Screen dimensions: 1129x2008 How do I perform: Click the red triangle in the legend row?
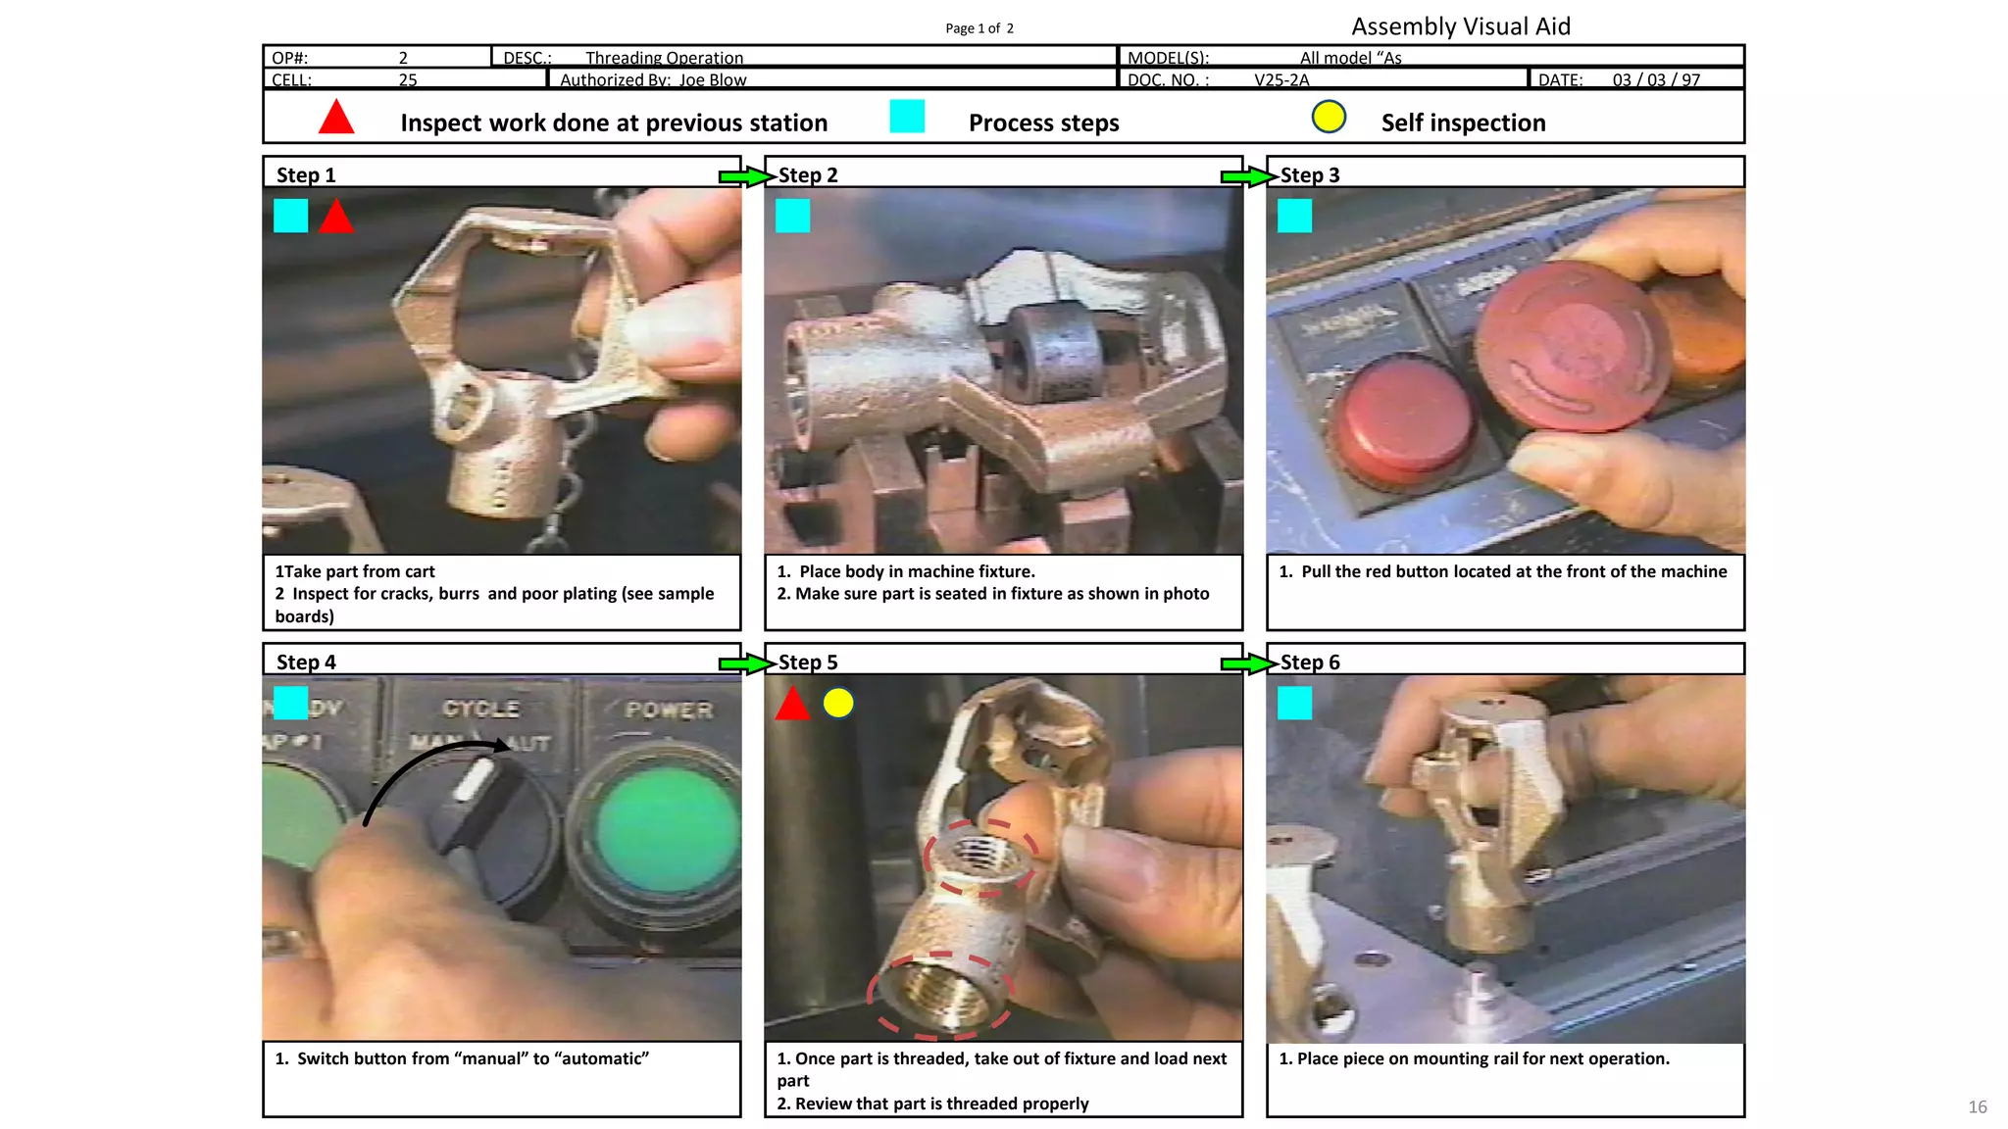[336, 118]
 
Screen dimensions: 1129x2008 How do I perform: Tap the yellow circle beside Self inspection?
[1329, 117]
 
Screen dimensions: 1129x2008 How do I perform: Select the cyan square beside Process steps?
[907, 117]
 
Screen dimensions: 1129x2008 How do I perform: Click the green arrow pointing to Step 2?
[745, 176]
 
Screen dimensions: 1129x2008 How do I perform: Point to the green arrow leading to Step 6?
[1247, 663]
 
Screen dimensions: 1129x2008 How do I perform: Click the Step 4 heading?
[306, 663]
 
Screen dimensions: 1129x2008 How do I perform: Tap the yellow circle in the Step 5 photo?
[838, 703]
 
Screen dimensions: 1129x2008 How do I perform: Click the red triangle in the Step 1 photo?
[336, 218]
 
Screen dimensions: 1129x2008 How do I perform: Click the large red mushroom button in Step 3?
[1574, 343]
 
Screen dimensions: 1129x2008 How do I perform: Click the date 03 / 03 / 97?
[1656, 80]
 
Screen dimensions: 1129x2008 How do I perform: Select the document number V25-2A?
[1281, 80]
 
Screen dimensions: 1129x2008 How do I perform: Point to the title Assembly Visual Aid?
[1460, 26]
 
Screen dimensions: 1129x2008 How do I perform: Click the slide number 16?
[1977, 1106]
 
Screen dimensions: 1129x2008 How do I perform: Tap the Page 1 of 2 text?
[979, 28]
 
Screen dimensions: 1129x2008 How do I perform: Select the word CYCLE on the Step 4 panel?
[480, 709]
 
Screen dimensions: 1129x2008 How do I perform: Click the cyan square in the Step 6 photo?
[1294, 703]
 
